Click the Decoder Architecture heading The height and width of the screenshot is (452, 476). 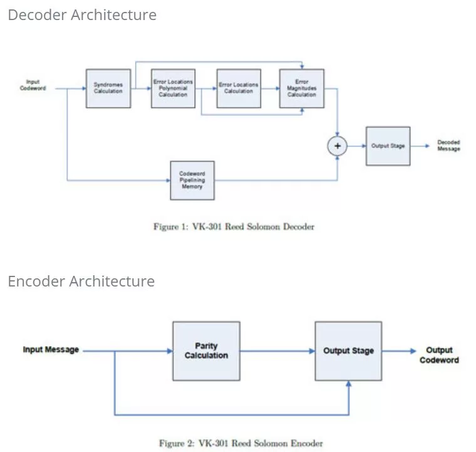click(82, 15)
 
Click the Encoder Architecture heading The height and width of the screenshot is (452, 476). click(81, 281)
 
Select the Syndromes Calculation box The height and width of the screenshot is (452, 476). click(108, 88)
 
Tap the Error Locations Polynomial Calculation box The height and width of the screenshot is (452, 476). click(173, 88)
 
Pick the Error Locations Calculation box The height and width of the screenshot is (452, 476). click(239, 88)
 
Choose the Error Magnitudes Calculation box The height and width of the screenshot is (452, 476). click(302, 88)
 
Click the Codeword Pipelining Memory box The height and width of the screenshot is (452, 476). click(192, 181)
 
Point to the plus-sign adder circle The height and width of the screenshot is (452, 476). click(338, 146)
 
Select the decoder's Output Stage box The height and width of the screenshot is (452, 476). click(388, 146)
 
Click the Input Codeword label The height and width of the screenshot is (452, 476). click(33, 85)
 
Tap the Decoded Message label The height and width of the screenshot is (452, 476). click(448, 145)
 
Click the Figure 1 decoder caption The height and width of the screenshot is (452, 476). click(234, 227)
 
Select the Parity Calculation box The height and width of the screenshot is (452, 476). click(206, 351)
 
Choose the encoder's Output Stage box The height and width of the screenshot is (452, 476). click(348, 351)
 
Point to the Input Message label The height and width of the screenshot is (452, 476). click(51, 350)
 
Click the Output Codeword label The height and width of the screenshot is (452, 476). click(439, 355)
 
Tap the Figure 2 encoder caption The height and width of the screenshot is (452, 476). click(241, 443)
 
